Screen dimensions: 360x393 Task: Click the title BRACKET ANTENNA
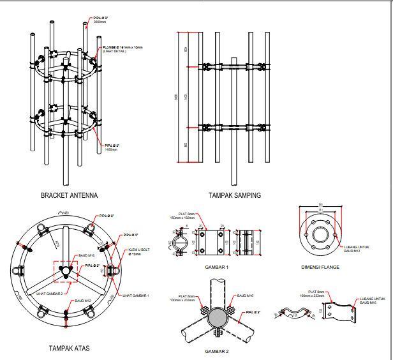click(x=69, y=195)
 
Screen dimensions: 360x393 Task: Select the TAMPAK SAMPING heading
click(x=234, y=195)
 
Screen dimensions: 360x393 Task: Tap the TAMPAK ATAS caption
click(x=68, y=349)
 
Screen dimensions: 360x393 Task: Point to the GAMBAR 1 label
click(x=217, y=267)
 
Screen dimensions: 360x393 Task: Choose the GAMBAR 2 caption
click(x=217, y=351)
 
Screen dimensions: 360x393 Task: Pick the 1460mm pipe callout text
click(x=112, y=149)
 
